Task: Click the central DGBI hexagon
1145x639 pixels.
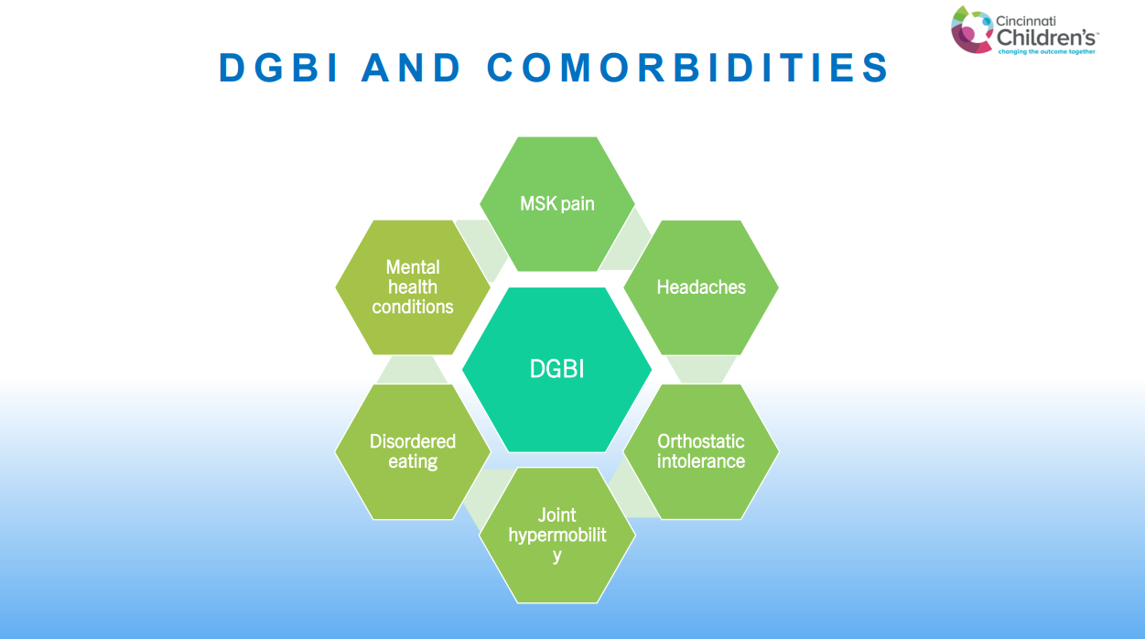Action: coord(556,369)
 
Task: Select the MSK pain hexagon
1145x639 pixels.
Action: coord(557,203)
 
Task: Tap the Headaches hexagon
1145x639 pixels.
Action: coord(701,287)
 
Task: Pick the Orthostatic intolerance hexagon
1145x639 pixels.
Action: coord(701,452)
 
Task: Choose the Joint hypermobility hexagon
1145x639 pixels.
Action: coord(557,536)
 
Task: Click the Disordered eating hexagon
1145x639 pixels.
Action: coord(413,452)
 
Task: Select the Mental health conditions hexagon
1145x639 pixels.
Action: coord(413,287)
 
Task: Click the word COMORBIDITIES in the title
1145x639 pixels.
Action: coord(688,68)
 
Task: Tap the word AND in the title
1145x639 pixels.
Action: coord(411,68)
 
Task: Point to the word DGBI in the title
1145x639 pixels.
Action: coord(278,68)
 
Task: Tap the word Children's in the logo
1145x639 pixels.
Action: coord(1046,38)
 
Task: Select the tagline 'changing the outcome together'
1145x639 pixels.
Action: coord(1046,51)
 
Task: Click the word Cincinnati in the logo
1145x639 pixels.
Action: coord(1026,21)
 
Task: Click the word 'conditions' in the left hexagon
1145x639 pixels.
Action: coord(413,307)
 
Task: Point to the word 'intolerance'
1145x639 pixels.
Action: coord(701,461)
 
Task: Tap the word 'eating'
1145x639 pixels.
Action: coord(413,461)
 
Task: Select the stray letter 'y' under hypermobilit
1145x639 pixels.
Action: coord(557,557)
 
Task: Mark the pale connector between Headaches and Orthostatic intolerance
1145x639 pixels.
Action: coord(701,370)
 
